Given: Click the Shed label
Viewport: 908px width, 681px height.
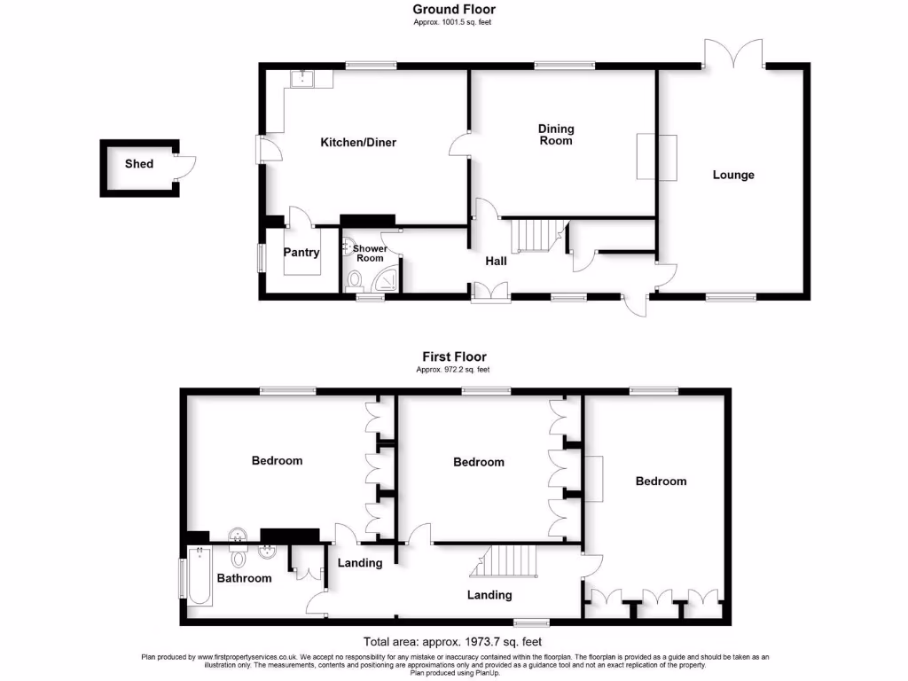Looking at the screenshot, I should (138, 164).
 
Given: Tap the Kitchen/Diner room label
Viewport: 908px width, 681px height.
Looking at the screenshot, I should (357, 142).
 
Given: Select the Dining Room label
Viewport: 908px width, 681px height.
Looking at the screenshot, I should (556, 135).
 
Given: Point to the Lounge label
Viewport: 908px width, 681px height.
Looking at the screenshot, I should (733, 175).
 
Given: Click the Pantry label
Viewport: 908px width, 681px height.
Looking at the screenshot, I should (301, 253).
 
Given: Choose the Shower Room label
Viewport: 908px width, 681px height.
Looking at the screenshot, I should (370, 254).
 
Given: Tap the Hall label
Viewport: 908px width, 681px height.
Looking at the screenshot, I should (496, 262).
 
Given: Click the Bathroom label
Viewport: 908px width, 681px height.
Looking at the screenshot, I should (245, 578).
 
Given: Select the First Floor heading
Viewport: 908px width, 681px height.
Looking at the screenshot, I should (453, 357).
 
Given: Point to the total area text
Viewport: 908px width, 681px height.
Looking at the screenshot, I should (452, 642).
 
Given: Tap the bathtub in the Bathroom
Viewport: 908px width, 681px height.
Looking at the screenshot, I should (199, 575).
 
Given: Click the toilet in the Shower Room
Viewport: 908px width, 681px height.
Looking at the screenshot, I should (356, 281).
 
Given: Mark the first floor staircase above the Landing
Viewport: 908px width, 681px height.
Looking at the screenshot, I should (510, 560).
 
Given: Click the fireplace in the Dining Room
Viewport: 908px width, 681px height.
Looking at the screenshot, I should (657, 157).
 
